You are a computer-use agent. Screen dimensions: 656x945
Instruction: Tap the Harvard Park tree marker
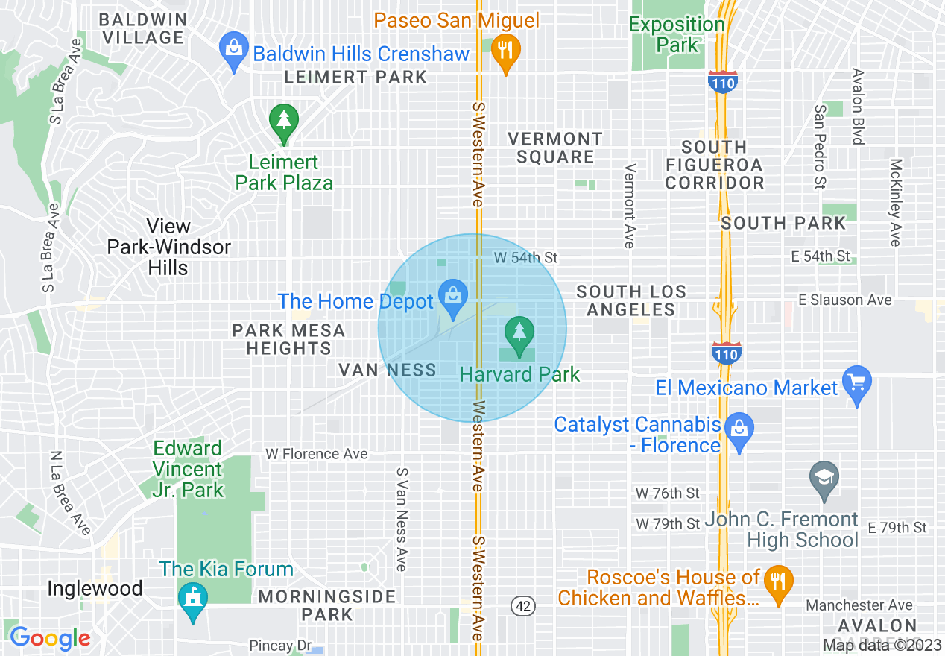(519, 333)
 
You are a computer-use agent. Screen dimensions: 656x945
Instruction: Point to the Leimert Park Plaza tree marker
(283, 121)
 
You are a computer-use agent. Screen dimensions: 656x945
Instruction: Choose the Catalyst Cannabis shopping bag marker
(739, 430)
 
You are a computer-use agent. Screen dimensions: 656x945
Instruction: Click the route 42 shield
(523, 605)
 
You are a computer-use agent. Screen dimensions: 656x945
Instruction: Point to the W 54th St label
(525, 257)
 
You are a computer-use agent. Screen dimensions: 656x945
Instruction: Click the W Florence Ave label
(317, 454)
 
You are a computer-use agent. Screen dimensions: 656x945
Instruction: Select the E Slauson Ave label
(844, 300)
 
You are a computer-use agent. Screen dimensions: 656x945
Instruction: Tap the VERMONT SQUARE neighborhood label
(554, 148)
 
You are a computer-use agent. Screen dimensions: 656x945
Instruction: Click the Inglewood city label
(95, 588)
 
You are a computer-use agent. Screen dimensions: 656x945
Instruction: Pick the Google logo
(50, 637)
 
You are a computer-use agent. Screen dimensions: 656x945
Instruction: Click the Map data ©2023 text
(882, 646)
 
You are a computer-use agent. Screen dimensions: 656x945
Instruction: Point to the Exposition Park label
(677, 34)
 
